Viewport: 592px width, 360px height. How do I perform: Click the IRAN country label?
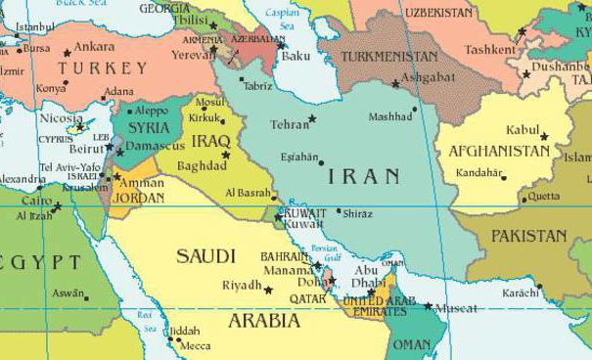click(x=363, y=176)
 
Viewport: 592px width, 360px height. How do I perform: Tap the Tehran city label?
click(x=289, y=124)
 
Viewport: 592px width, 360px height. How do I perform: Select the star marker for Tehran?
click(x=312, y=118)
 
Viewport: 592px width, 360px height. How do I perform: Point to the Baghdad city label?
click(x=202, y=165)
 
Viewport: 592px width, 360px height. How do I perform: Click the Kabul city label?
click(x=523, y=129)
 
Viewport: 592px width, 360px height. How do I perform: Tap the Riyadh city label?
click(x=242, y=285)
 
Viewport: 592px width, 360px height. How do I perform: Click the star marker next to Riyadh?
click(x=268, y=290)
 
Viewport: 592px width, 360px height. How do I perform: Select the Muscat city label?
click(x=456, y=309)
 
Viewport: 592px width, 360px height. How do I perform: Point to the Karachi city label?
click(x=520, y=292)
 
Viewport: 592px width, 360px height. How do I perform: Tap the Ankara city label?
click(x=94, y=46)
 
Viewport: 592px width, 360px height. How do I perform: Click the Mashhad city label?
click(x=390, y=116)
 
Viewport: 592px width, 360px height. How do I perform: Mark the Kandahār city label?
click(x=478, y=173)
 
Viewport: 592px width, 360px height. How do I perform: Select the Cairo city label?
click(x=36, y=200)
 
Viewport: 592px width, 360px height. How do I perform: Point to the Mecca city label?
click(x=195, y=344)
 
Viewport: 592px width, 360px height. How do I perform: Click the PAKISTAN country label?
click(x=528, y=236)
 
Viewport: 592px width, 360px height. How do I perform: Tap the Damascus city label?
click(x=157, y=145)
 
